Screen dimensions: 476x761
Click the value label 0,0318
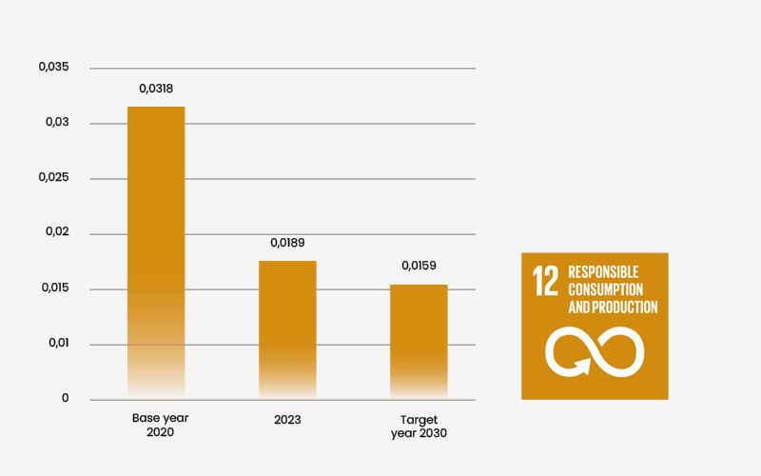pyautogui.click(x=156, y=89)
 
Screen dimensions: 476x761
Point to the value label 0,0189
pyautogui.click(x=287, y=243)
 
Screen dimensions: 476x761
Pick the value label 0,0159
pyautogui.click(x=419, y=266)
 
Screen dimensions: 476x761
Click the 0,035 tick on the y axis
pyautogui.click(x=54, y=67)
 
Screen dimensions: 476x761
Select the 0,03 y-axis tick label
pyautogui.click(x=58, y=122)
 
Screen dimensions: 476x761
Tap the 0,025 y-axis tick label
pyautogui.click(x=54, y=177)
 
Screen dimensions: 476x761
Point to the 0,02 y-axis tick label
pyautogui.click(x=58, y=232)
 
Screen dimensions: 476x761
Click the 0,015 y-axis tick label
pyautogui.click(x=54, y=288)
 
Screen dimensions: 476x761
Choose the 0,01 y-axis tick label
pyautogui.click(x=58, y=343)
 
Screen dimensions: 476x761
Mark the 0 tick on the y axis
pyautogui.click(x=66, y=398)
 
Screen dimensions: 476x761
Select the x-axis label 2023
pyautogui.click(x=287, y=419)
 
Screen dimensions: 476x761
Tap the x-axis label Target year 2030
pyautogui.click(x=419, y=425)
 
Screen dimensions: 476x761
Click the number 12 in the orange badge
pyautogui.click(x=546, y=282)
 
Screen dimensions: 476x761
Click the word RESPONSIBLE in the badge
pyautogui.click(x=603, y=272)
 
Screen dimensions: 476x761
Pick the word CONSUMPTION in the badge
pyautogui.click(x=606, y=289)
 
